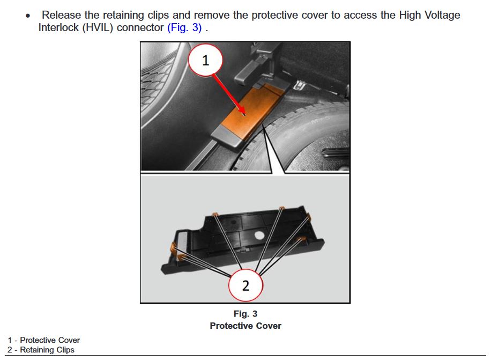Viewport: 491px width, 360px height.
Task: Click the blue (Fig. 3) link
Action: [184, 27]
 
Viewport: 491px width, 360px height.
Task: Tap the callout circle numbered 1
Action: [205, 60]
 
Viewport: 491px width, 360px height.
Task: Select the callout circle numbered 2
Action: [245, 285]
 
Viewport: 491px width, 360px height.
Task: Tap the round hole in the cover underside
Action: [259, 235]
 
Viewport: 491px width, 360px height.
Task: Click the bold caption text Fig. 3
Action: [245, 314]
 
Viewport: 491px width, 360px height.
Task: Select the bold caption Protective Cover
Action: [245, 326]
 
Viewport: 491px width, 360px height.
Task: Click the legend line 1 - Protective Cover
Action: [44, 340]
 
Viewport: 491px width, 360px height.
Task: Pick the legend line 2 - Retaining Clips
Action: [41, 350]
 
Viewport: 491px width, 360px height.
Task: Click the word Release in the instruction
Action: [61, 15]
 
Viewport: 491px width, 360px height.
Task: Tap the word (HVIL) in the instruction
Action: [98, 27]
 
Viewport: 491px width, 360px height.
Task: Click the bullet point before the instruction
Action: [28, 16]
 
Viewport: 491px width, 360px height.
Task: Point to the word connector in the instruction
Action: [140, 28]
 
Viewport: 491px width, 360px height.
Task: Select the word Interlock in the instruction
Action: [58, 27]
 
